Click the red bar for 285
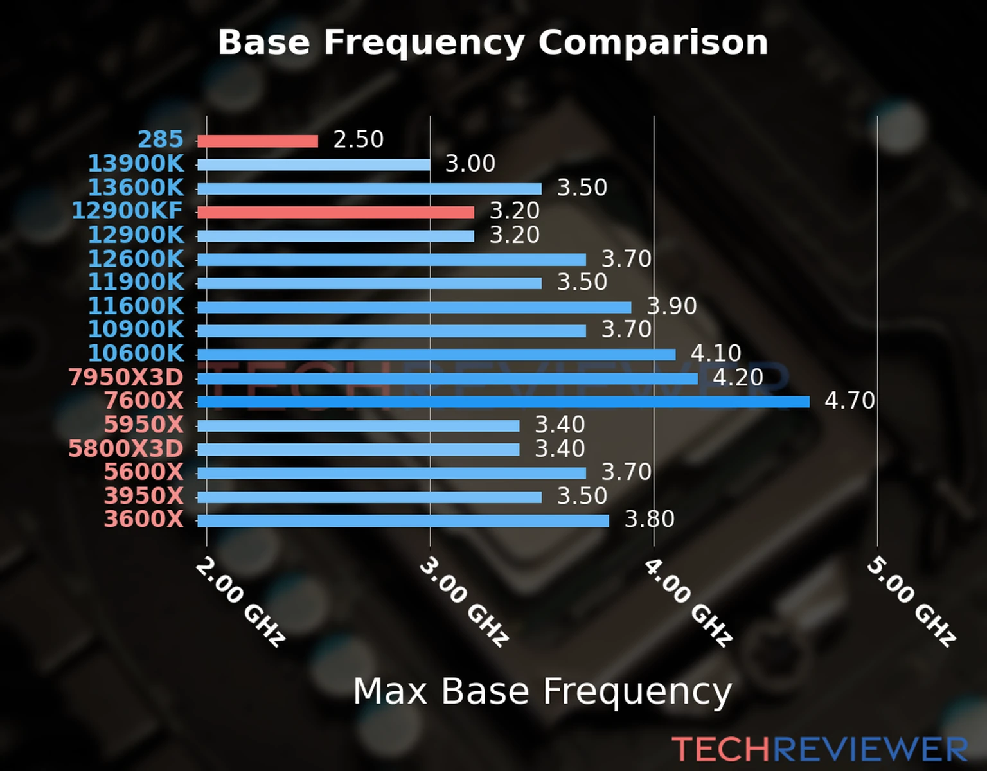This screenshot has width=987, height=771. [257, 141]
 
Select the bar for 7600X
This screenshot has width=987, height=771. [503, 402]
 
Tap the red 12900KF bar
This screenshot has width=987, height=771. [335, 213]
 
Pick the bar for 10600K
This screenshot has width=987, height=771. [436, 355]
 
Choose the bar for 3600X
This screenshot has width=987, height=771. [403, 520]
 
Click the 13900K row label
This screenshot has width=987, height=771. [136, 164]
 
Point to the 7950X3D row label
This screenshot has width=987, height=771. [126, 378]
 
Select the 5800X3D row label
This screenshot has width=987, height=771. [126, 448]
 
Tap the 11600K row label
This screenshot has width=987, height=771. [136, 306]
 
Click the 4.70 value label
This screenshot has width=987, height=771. [849, 401]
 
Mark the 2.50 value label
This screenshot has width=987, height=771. [358, 139]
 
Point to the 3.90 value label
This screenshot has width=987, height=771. [671, 306]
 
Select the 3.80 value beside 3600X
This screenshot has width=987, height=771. [650, 519]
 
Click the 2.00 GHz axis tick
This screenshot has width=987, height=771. [240, 601]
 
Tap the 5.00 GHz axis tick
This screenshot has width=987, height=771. [911, 601]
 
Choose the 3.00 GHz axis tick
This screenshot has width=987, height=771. [464, 601]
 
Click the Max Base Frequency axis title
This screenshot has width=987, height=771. [542, 692]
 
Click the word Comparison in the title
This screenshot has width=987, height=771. [653, 42]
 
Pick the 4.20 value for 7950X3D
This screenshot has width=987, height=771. [738, 377]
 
